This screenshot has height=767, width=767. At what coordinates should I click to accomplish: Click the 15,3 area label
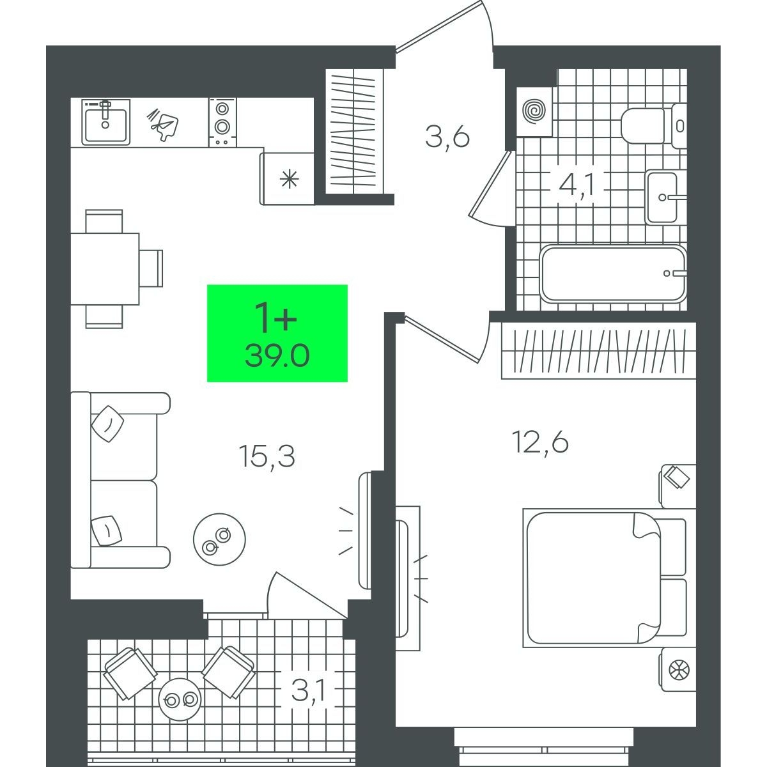coord(267,456)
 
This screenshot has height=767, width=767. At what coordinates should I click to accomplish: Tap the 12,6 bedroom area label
coord(541,442)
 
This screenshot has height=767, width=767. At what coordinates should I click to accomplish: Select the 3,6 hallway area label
coord(447,137)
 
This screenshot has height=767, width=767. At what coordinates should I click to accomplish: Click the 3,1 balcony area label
coord(309,691)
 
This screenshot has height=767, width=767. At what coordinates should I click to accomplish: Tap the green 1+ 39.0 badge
coord(277,333)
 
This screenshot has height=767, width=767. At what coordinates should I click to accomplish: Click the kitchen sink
coord(106,122)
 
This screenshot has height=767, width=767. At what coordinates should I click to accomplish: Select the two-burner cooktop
coord(222,123)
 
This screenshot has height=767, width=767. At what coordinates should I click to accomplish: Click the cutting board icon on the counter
coord(163,123)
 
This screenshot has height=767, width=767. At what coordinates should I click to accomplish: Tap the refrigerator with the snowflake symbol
coord(287,179)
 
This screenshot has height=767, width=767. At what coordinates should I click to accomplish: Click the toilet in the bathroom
coord(655,126)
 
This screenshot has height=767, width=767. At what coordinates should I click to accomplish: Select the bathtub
coord(614,274)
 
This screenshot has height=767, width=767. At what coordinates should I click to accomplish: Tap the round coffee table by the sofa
coord(219,539)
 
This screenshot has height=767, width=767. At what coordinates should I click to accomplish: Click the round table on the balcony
coord(180,699)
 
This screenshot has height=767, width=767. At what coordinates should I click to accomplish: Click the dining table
coord(105,269)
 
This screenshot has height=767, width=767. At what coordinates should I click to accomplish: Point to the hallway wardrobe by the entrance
coord(355,132)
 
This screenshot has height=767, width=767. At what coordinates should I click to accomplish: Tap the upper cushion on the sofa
coord(107,424)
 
